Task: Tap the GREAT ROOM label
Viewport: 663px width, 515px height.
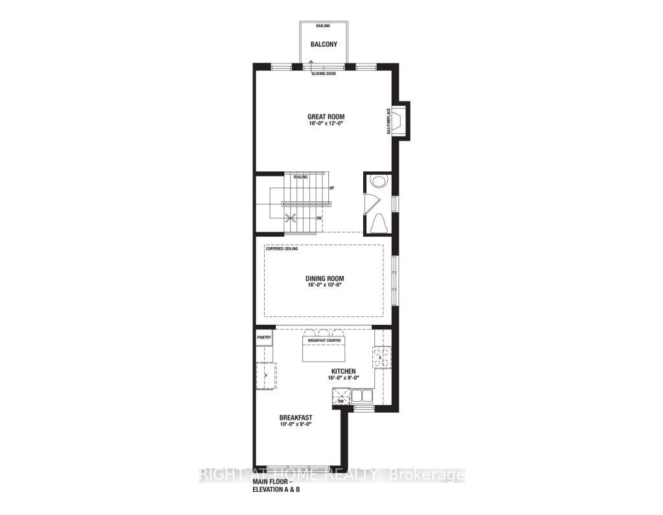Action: (326, 117)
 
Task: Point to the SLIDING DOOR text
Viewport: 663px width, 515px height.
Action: (324, 74)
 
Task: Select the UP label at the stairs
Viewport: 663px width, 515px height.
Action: (331, 188)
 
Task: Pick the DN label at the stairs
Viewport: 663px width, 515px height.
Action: (319, 218)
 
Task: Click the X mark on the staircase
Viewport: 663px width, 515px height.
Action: (291, 219)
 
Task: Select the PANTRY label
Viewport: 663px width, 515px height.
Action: (264, 337)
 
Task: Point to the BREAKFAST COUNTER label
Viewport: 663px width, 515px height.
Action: (324, 340)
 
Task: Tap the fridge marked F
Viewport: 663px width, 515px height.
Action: (266, 376)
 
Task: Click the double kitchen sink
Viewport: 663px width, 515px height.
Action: (363, 395)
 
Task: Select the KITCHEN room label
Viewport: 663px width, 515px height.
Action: (343, 371)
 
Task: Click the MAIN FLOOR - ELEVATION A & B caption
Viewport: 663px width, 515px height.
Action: (276, 486)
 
